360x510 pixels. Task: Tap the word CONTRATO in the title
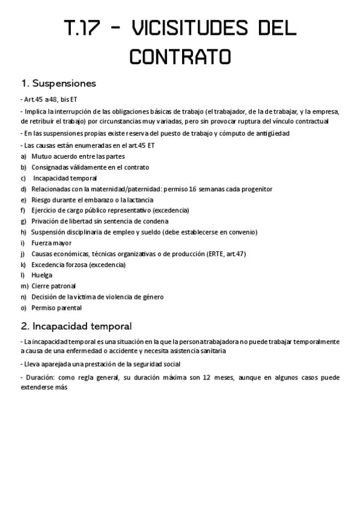point(180,57)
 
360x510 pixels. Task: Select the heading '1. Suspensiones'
point(58,83)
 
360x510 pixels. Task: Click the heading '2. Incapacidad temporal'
point(76,327)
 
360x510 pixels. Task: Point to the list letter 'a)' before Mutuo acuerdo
point(23,156)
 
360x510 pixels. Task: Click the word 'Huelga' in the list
point(42,275)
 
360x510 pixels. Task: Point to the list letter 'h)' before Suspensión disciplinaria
point(23,232)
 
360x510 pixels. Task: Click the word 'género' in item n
point(149,297)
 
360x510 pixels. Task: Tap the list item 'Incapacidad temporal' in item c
point(65,178)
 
